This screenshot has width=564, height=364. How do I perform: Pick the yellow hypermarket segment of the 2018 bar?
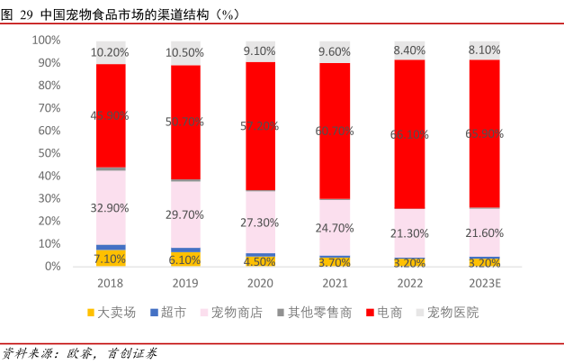point(111,259)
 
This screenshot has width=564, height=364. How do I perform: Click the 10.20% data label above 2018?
point(111,52)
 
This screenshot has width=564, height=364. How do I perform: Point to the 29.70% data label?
point(185,214)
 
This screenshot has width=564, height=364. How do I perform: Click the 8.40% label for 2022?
point(409,50)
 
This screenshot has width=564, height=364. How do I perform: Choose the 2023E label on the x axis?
point(484,283)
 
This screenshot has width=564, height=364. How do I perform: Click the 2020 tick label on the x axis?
point(260,283)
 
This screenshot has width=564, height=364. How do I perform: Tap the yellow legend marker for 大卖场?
point(89,314)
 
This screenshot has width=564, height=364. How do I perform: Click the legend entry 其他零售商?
point(318,314)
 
